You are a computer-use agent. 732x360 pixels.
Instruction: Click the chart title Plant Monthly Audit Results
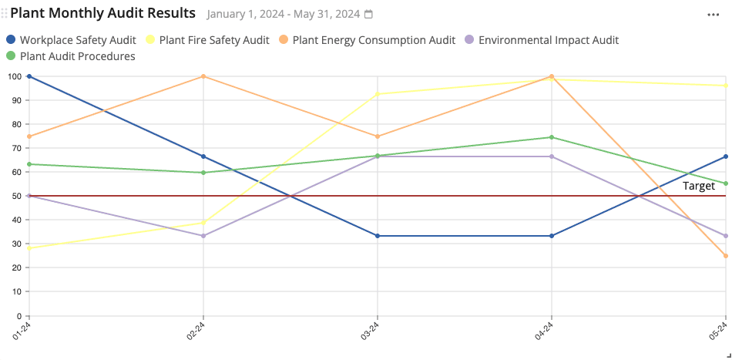pos(102,14)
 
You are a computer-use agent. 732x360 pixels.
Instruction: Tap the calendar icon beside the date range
pos(368,15)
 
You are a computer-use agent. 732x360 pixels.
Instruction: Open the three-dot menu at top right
pos(714,15)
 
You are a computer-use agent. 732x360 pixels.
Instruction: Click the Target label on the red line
pos(698,186)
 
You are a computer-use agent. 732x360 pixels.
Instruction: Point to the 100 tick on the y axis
pos(14,76)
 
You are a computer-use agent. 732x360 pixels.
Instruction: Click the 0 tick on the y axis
pos(18,316)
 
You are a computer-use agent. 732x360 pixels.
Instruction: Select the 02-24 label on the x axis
pos(196,331)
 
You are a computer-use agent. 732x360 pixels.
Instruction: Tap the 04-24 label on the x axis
pos(544,331)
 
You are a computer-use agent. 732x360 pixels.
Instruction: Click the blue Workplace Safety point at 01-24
pos(29,76)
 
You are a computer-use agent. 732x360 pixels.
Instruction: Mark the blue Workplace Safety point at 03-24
pos(378,236)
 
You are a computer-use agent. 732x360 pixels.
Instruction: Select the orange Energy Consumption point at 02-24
pos(203,76)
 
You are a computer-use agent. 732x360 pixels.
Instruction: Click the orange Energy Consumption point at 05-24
pos(726,256)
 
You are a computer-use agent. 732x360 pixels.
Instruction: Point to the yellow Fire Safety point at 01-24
pos(29,248)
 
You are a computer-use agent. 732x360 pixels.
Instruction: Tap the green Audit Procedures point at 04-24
pos(552,137)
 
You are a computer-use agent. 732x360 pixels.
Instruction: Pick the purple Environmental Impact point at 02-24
pos(203,236)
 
